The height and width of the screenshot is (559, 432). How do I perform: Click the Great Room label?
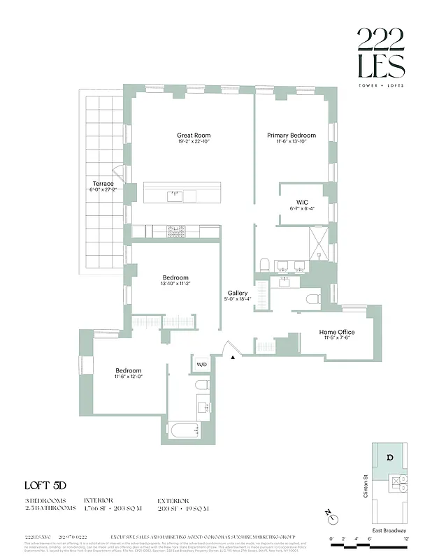tap(194, 135)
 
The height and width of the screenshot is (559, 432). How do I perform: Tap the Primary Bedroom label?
tap(291, 135)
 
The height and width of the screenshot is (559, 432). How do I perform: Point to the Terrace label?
tap(103, 184)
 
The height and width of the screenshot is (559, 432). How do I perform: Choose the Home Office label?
tap(337, 332)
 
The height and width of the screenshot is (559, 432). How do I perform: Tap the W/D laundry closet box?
tap(201, 364)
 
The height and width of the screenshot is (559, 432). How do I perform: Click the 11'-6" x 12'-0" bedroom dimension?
tap(129, 377)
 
